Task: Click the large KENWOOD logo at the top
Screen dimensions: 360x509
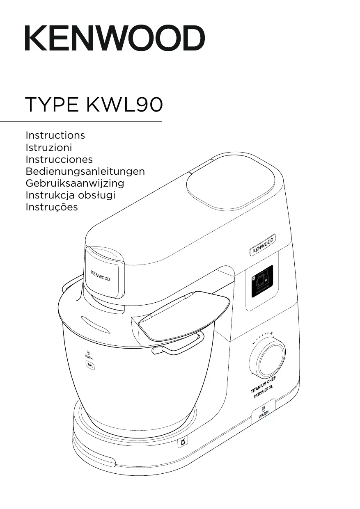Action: (x=115, y=38)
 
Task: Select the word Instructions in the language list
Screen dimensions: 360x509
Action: (x=55, y=135)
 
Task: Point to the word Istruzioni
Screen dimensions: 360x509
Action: (x=48, y=147)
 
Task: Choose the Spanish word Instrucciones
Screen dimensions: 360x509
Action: (x=59, y=159)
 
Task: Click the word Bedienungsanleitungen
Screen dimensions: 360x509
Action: (x=85, y=171)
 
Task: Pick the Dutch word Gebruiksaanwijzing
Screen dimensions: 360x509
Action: (x=75, y=183)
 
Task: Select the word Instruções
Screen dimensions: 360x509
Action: (x=51, y=207)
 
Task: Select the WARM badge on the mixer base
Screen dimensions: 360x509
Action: (x=264, y=412)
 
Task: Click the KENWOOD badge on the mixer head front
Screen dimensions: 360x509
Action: (x=100, y=276)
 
